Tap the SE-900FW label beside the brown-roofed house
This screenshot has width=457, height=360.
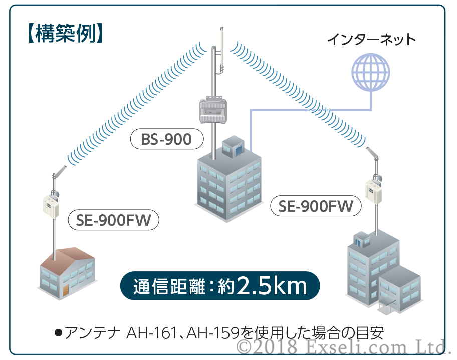pos(113,220)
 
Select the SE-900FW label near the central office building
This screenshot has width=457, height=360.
pos(316,206)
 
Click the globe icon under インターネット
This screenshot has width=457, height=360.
pos(371,72)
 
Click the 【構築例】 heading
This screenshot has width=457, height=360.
pos(65,34)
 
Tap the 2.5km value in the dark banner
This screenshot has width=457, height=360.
pos(272,285)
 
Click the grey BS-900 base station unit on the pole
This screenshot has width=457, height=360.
pos(213,110)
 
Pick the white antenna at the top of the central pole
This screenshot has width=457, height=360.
pos(222,50)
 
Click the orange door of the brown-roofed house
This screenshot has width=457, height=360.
pos(66,291)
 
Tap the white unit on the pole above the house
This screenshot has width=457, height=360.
pos(51,206)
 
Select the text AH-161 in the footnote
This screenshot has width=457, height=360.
pos(151,333)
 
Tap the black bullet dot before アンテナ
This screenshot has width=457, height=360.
pos(58,333)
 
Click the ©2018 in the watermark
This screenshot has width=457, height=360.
pos(267,346)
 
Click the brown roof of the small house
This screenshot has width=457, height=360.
pos(67,256)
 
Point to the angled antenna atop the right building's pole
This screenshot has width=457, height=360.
pos(372,152)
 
